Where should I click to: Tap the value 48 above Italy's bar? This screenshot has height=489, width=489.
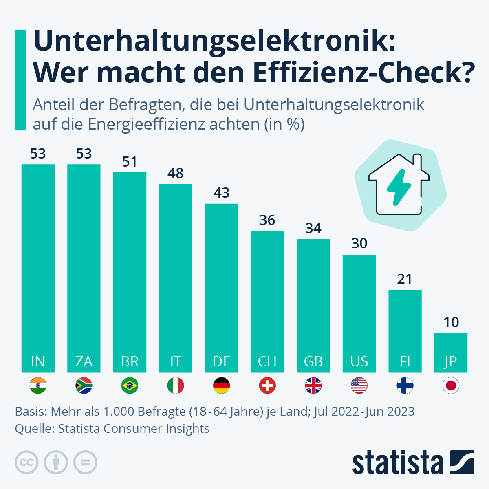176,173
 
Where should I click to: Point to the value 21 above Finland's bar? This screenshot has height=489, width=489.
405,279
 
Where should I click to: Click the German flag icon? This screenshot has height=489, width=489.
222,385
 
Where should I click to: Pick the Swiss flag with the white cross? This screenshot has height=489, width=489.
267,385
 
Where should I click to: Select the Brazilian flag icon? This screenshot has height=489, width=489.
130,385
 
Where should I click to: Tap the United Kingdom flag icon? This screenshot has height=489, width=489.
313,385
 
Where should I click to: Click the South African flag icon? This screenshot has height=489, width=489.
84,385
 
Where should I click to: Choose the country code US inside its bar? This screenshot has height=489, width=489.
359,361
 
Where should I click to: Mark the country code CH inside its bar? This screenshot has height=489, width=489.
267,361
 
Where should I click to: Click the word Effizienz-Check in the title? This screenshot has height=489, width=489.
363,72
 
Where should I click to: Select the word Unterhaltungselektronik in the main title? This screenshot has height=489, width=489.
214,42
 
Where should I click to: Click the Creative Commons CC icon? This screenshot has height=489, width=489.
26,463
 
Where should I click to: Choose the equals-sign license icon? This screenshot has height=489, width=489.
85,463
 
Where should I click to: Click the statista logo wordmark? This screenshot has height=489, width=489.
397,463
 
